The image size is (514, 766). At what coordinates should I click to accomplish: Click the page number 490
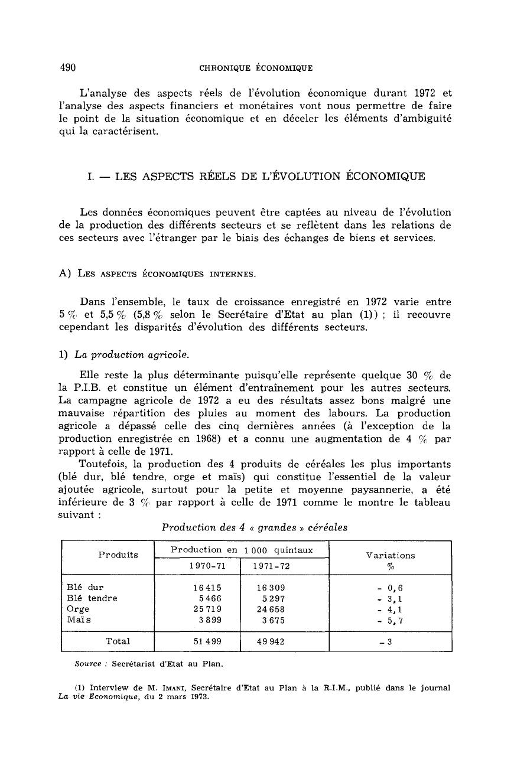point(69,67)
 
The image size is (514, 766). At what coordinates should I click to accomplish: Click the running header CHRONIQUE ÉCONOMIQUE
point(256,68)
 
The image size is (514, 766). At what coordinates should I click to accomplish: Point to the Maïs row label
point(78,620)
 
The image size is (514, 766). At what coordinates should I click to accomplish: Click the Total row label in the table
point(118,641)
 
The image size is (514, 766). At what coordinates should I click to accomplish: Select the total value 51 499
point(199,641)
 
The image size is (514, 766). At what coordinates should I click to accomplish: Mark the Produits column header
point(118,555)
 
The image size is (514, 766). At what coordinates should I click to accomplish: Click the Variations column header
point(391,555)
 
